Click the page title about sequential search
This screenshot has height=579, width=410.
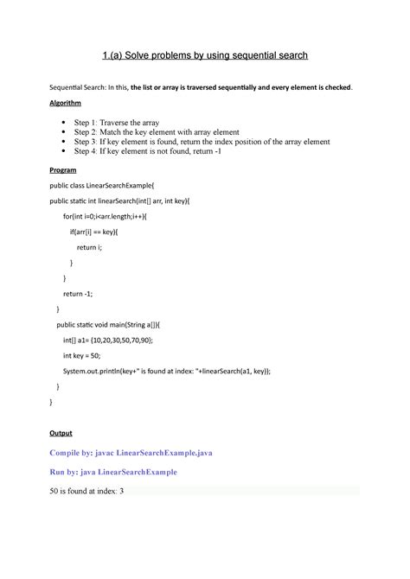click(204, 56)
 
